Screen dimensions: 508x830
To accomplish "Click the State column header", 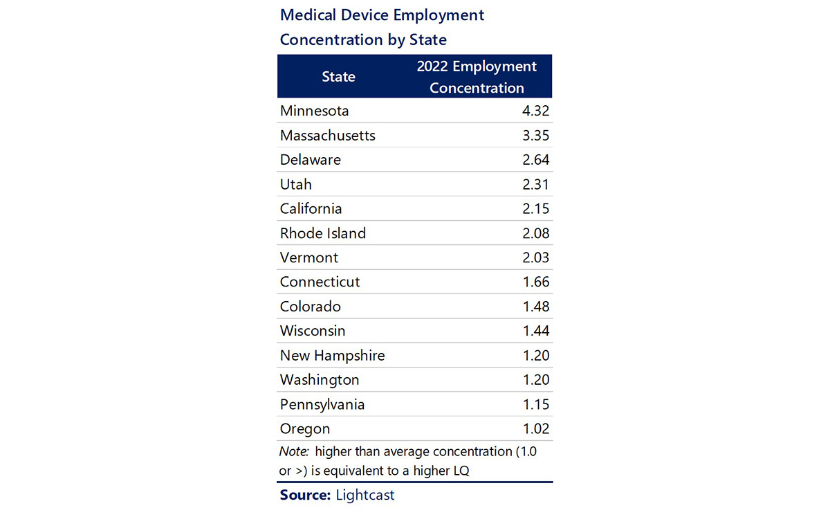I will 338,77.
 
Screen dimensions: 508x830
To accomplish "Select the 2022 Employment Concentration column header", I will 477,77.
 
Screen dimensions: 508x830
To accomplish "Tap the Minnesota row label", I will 314,111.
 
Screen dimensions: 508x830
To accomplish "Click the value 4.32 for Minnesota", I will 535,111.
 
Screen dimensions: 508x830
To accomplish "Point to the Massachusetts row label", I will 327,136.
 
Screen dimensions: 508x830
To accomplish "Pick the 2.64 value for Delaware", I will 535,160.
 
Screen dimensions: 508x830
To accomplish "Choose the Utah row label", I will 296,184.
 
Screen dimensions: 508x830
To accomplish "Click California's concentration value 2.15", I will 535,208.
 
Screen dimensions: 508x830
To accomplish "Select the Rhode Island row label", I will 322,233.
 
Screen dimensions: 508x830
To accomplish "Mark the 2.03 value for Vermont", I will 535,257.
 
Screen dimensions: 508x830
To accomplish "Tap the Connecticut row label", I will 320,282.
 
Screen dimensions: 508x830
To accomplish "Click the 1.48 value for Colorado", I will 535,306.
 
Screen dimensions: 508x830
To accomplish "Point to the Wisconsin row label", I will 313,331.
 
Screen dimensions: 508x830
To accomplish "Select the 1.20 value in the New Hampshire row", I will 535,356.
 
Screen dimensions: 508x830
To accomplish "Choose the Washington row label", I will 320,380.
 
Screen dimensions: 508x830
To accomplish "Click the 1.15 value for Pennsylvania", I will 535,404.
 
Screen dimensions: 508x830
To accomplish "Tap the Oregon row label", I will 305,429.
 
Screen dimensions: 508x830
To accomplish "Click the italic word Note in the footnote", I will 295,452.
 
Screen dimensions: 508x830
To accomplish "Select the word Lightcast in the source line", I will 365,495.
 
